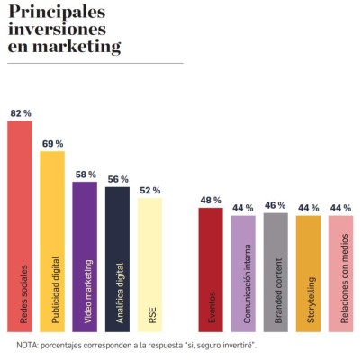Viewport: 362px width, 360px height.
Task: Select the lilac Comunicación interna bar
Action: pyautogui.click(x=243, y=270)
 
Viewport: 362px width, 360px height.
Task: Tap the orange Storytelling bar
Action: pyautogui.click(x=308, y=270)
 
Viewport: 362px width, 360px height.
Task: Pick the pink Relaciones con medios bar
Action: pyautogui.click(x=340, y=270)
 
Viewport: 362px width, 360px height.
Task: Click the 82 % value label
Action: pyautogui.click(x=20, y=113)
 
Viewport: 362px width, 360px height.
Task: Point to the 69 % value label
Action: pyautogui.click(x=52, y=144)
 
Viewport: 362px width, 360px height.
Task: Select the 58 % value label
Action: pyautogui.click(x=85, y=174)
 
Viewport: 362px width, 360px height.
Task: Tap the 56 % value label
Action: pyautogui.click(x=117, y=179)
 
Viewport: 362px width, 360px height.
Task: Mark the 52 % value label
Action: pyautogui.click(x=149, y=190)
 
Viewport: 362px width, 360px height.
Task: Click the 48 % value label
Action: pyautogui.click(x=211, y=200)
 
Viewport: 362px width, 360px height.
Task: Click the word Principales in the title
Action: pyautogui.click(x=55, y=11)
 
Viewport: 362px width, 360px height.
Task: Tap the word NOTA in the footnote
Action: pyautogui.click(x=29, y=346)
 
